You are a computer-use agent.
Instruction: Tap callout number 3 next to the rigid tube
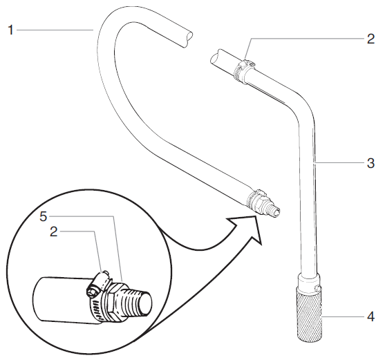(370, 164)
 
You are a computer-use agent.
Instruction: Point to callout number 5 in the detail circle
(43, 216)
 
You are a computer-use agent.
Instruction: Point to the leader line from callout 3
(339, 164)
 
